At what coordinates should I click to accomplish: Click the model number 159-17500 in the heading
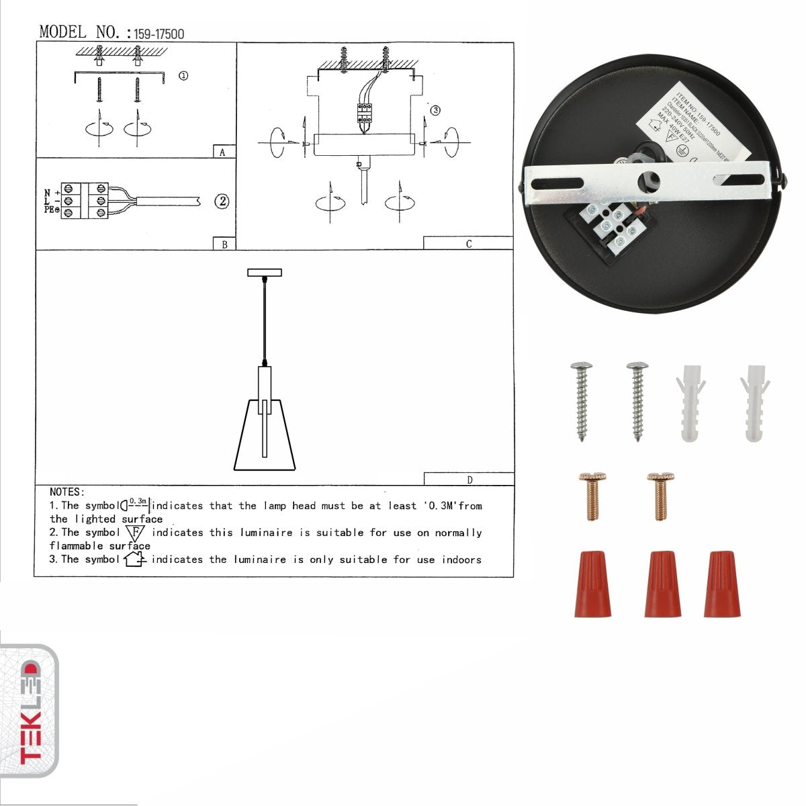click(x=159, y=34)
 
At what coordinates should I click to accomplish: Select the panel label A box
click(x=223, y=152)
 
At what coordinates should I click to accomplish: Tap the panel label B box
click(x=224, y=244)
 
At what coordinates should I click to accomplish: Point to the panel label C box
click(x=468, y=243)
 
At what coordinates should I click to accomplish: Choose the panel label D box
click(x=469, y=479)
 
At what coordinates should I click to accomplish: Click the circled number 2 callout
click(x=222, y=201)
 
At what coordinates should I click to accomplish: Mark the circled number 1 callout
click(x=183, y=76)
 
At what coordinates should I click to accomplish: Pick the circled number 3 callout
click(x=435, y=109)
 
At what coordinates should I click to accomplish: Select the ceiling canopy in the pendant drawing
click(x=265, y=272)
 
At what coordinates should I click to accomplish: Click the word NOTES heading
click(x=66, y=492)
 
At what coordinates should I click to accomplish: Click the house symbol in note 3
click(x=135, y=559)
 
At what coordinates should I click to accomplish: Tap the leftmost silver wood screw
click(x=581, y=401)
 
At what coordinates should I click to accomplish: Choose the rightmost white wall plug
click(x=755, y=403)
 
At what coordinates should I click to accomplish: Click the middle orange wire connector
click(x=662, y=584)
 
